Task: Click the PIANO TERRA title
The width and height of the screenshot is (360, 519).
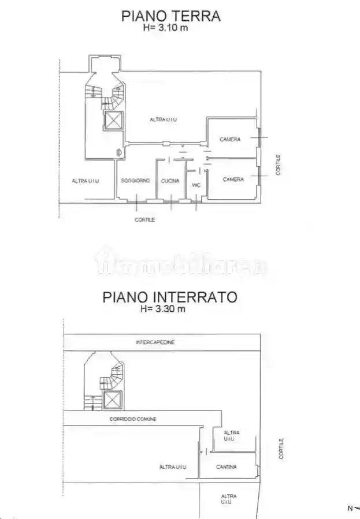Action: tap(170, 16)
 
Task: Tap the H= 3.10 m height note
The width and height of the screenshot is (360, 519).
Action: tap(166, 27)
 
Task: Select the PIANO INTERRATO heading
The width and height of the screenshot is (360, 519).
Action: tap(169, 297)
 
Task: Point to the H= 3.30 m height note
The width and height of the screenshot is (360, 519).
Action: tap(164, 309)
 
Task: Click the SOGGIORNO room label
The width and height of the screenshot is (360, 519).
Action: tap(135, 181)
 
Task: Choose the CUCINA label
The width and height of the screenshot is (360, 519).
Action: tap(170, 181)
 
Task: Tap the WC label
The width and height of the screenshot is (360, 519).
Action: tap(196, 185)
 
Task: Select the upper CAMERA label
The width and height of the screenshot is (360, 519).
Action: tap(230, 139)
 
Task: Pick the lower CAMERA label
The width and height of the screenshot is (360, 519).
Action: tap(233, 180)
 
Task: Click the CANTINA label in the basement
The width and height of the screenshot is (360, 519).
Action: tap(226, 467)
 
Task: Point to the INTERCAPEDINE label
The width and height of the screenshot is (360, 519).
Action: tap(155, 342)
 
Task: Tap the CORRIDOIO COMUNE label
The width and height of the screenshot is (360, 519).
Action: tap(133, 419)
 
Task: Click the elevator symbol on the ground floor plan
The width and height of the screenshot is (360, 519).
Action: tap(113, 121)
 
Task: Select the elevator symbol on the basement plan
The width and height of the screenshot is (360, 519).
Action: tap(113, 399)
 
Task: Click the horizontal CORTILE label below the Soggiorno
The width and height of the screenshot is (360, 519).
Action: tap(144, 219)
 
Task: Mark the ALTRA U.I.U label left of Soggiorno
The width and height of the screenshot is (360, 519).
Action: tap(86, 181)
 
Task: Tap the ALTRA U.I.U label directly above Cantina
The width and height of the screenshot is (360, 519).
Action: tap(231, 436)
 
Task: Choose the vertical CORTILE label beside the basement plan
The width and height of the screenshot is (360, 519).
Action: tap(281, 449)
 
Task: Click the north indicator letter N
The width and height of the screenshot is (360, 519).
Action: tap(350, 509)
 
